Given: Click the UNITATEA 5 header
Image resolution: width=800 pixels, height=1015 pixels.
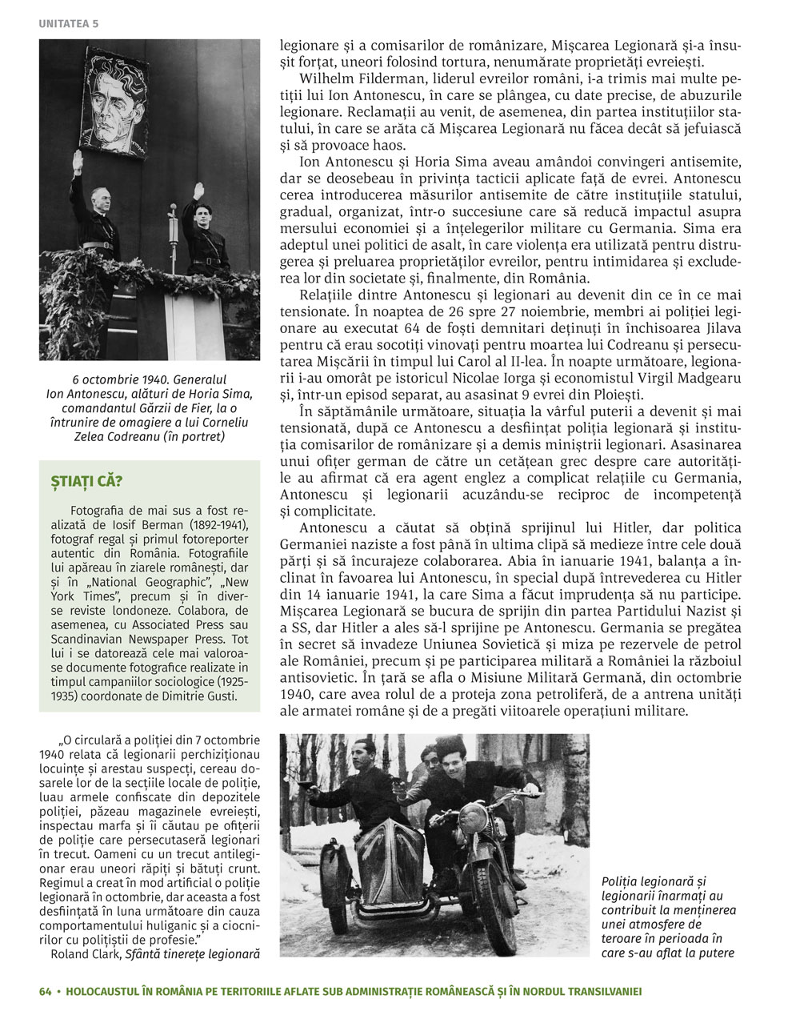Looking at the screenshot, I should [68, 23].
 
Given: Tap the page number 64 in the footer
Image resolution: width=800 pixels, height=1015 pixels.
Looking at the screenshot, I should [46, 991].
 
